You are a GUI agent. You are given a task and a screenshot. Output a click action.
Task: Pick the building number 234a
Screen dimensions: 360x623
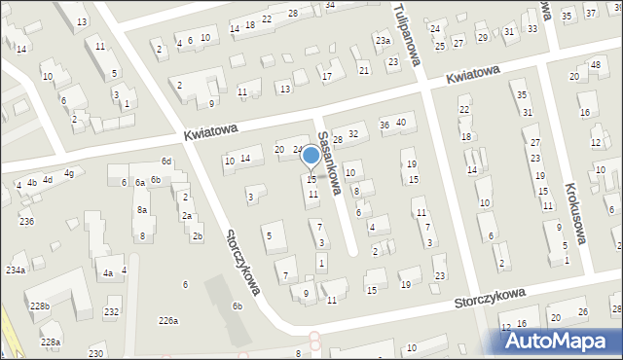16,270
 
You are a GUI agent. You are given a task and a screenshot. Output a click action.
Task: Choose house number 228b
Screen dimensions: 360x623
39,306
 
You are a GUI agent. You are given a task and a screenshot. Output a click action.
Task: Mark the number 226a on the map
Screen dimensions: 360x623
169,321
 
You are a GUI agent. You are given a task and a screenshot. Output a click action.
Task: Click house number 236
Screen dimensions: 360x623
26,222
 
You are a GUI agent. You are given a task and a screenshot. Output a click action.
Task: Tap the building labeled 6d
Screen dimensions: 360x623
166,161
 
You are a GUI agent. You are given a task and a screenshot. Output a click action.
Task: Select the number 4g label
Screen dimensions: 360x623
69,173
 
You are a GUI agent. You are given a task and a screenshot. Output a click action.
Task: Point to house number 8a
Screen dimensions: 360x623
142,210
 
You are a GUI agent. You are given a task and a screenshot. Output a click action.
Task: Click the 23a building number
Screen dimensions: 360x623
384,40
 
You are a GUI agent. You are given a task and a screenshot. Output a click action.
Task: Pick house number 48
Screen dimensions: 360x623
596,65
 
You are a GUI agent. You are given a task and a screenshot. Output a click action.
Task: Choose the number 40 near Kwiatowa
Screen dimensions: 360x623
400,121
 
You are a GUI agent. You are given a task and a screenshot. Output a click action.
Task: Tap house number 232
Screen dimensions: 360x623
112,311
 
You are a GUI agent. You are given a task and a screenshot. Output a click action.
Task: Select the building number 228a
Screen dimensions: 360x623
50,342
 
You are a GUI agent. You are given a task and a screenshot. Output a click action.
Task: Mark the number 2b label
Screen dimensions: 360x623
198,236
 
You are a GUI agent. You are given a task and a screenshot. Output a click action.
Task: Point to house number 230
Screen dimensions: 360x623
95,352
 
